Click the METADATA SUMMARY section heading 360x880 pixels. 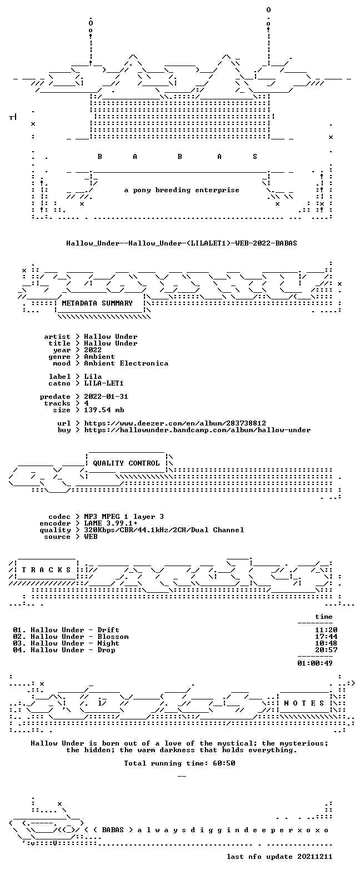(97, 303)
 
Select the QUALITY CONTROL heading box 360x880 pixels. (126, 463)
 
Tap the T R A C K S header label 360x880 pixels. (46, 569)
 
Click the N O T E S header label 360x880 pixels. (304, 703)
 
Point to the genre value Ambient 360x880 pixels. (99, 357)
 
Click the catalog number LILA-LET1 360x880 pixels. (104, 383)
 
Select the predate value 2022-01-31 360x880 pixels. (106, 397)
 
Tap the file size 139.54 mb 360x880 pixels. (104, 410)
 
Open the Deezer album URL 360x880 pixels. (175, 423)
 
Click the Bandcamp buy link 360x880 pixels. (197, 430)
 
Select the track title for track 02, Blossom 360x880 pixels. (113, 637)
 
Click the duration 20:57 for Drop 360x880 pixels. (326, 650)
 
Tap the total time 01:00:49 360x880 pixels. (315, 663)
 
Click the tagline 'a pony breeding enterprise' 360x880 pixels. (182, 190)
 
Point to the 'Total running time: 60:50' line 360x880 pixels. (179, 763)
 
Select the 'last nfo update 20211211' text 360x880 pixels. (279, 857)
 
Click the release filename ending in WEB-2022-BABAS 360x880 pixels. (182, 243)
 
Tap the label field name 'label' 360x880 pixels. (60, 376)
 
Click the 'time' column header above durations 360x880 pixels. (324, 617)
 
